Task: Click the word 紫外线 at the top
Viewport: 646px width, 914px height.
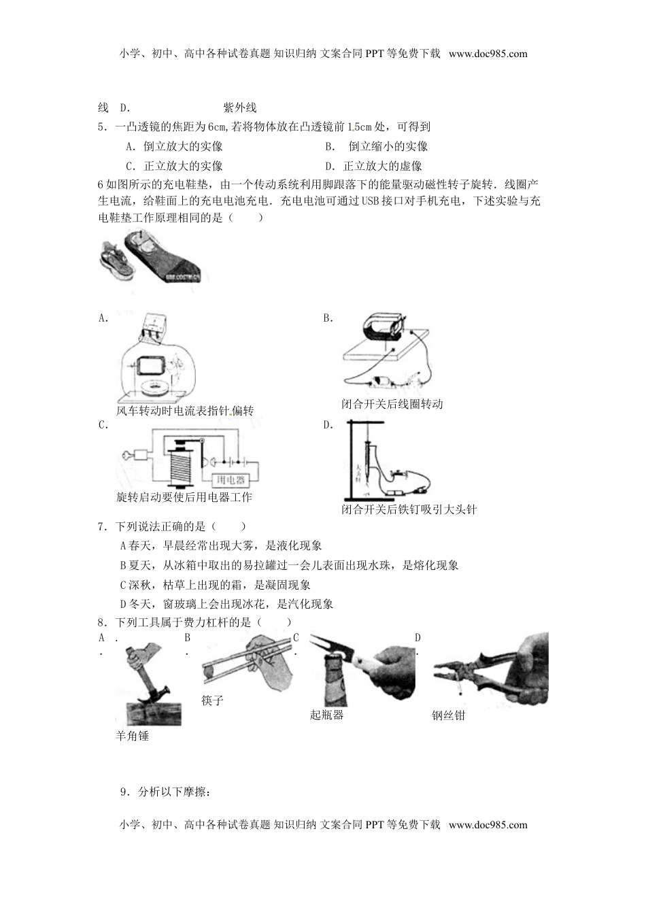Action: tap(239, 107)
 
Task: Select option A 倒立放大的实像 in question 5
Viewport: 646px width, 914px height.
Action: tap(175, 146)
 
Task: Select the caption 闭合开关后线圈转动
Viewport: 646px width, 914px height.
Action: tap(392, 404)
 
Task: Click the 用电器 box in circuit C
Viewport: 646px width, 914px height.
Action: tap(229, 480)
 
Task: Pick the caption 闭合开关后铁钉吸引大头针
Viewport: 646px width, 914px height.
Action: tap(409, 509)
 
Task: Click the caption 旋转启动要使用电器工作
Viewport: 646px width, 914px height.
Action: tap(184, 497)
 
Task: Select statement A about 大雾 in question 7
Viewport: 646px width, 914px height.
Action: tap(220, 545)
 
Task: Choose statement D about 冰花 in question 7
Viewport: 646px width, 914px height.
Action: tap(226, 604)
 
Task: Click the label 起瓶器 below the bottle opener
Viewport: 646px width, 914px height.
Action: tap(326, 715)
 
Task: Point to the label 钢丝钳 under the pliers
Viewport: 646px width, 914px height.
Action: tap(448, 715)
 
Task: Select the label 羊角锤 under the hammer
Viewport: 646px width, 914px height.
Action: tap(132, 735)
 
